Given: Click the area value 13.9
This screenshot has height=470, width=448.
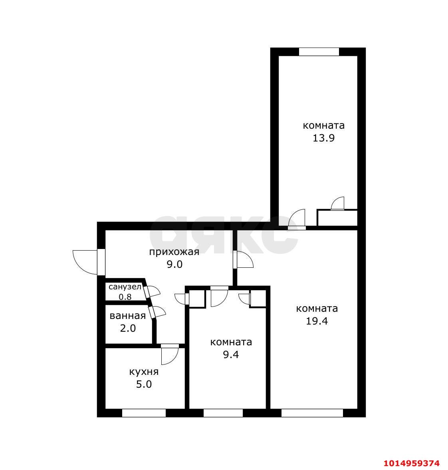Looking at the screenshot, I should [323, 138].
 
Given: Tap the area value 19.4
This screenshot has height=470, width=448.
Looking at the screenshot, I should [317, 321].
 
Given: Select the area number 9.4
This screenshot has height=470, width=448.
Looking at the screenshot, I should [231, 354].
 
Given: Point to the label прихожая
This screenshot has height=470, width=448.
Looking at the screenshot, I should [174, 252].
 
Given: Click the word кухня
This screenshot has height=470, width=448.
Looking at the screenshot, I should [144, 372].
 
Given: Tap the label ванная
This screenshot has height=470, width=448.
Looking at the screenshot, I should [127, 316].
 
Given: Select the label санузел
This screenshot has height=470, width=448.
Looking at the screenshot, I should [125, 287].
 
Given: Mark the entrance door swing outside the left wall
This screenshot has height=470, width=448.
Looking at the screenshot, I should [85, 262].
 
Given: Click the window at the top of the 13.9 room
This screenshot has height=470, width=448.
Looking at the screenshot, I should [319, 52].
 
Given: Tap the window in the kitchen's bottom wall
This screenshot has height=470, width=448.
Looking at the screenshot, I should [144, 413].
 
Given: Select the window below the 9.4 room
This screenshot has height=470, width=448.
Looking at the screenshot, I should [223, 413].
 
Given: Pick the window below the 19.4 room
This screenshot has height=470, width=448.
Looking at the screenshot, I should [312, 413].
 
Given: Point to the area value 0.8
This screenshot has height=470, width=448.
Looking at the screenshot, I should [125, 297].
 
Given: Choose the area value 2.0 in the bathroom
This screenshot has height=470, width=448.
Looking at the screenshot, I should [128, 329].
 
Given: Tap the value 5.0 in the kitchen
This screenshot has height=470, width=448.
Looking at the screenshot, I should [144, 384].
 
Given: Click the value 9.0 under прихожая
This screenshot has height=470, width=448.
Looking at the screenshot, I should [174, 264].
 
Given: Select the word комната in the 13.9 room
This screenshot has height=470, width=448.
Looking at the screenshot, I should [323, 125].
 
